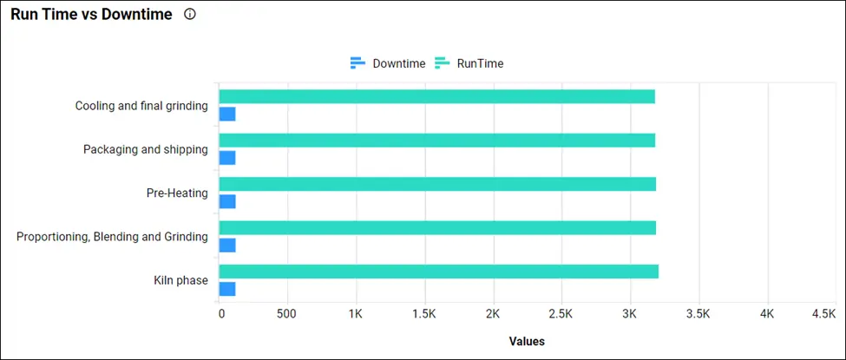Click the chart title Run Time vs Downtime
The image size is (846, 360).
point(91,15)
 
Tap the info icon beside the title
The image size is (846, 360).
point(190,15)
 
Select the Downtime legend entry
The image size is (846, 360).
point(388,63)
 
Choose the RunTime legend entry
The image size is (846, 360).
point(469,63)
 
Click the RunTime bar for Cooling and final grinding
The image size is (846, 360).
point(436,96)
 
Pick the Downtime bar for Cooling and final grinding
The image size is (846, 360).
point(227,115)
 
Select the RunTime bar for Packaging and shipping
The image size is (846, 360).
point(436,141)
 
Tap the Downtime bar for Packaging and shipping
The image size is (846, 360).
point(227,158)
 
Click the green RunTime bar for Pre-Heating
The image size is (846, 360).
point(437,184)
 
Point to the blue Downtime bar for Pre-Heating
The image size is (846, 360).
point(227,202)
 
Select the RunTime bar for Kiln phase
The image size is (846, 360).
point(438,272)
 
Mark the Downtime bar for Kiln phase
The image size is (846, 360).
point(227,289)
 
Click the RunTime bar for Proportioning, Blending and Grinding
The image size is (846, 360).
point(437,227)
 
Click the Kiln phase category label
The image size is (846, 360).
point(176,280)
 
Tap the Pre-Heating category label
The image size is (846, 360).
point(177,193)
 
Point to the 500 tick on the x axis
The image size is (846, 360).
point(287,313)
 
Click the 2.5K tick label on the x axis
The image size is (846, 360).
point(561,313)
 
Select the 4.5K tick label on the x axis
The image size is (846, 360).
point(823,313)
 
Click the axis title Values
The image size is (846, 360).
point(527,341)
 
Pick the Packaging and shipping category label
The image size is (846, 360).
point(145,149)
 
